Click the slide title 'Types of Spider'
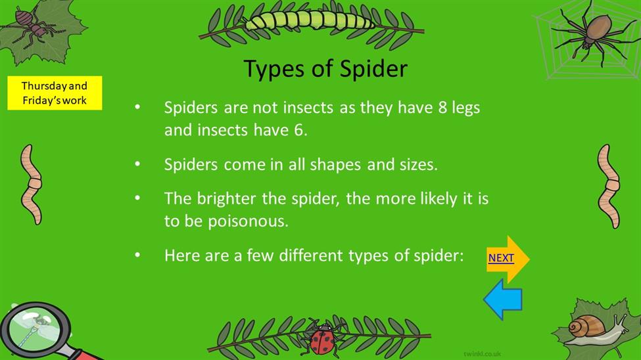325,68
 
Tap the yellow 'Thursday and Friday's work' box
55,93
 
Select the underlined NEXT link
501,258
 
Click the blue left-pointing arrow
503,300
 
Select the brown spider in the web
593,34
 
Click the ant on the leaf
33,26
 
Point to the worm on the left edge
31,185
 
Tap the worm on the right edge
609,186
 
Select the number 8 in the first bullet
442,108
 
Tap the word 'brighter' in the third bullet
226,198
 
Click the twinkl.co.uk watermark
483,354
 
